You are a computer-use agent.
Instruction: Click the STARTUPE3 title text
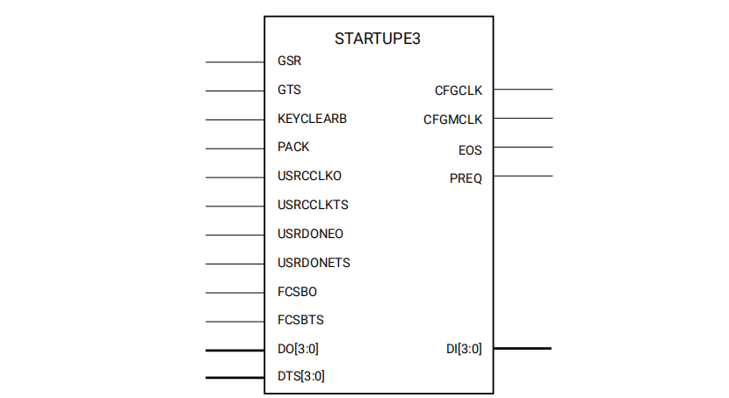[378, 40]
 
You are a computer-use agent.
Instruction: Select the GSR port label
[289, 62]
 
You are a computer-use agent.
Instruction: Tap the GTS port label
[289, 90]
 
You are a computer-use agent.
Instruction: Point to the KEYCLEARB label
[311, 119]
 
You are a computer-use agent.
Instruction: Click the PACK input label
[293, 147]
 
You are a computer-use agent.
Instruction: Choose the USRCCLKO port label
[308, 176]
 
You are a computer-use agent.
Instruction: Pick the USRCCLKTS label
[313, 205]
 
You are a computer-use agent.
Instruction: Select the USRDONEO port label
[309, 234]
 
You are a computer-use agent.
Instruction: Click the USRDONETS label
[314, 263]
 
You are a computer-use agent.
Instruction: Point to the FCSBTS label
[300, 320]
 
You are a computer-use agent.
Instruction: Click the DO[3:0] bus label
[298, 349]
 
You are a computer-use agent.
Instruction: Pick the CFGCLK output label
[458, 90]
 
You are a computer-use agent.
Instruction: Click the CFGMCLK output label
[453, 119]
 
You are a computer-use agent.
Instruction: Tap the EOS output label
[470, 150]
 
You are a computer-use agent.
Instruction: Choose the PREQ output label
[466, 179]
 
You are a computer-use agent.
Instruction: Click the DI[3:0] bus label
[464, 350]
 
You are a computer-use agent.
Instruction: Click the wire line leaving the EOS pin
[523, 147]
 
